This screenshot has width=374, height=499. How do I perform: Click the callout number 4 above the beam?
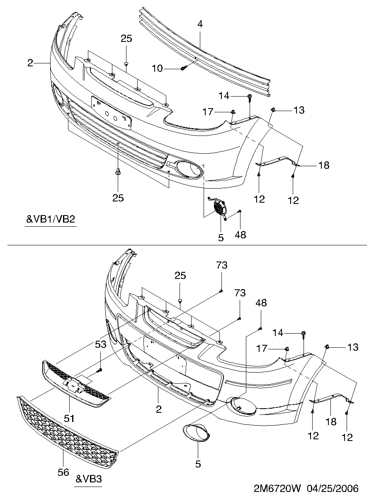tap(200, 24)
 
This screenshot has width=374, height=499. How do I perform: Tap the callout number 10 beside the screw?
tap(157, 68)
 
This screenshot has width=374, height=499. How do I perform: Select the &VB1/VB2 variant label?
tap(51, 219)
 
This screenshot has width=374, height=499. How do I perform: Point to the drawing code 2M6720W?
tap(278, 488)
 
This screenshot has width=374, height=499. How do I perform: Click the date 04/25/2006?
tap(333, 488)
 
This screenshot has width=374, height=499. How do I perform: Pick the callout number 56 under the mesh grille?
tap(63, 472)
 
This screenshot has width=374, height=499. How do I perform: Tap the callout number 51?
tap(69, 418)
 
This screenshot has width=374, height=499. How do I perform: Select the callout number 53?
tap(100, 344)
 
